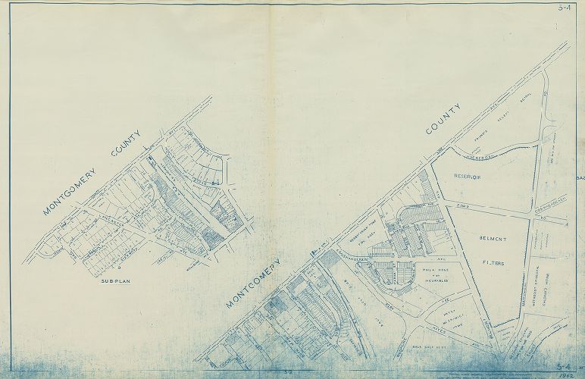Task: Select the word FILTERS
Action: pyautogui.click(x=493, y=263)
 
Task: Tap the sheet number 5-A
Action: pyautogui.click(x=563, y=9)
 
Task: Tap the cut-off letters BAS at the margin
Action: pyautogui.click(x=580, y=179)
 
